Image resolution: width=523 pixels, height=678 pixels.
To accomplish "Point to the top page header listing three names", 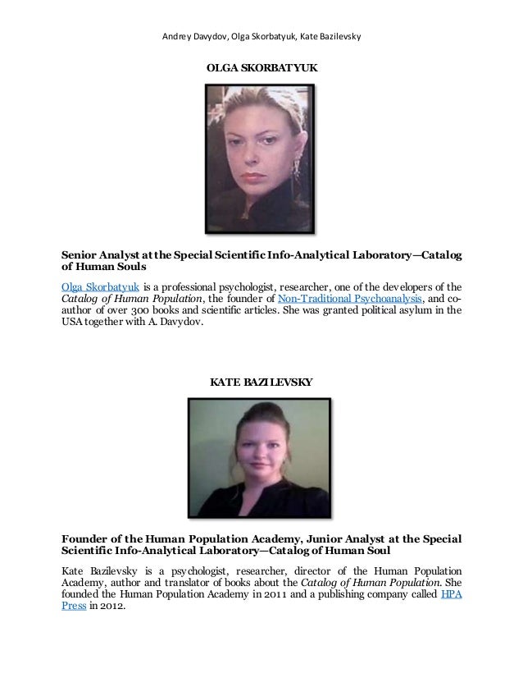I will pos(261,36).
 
